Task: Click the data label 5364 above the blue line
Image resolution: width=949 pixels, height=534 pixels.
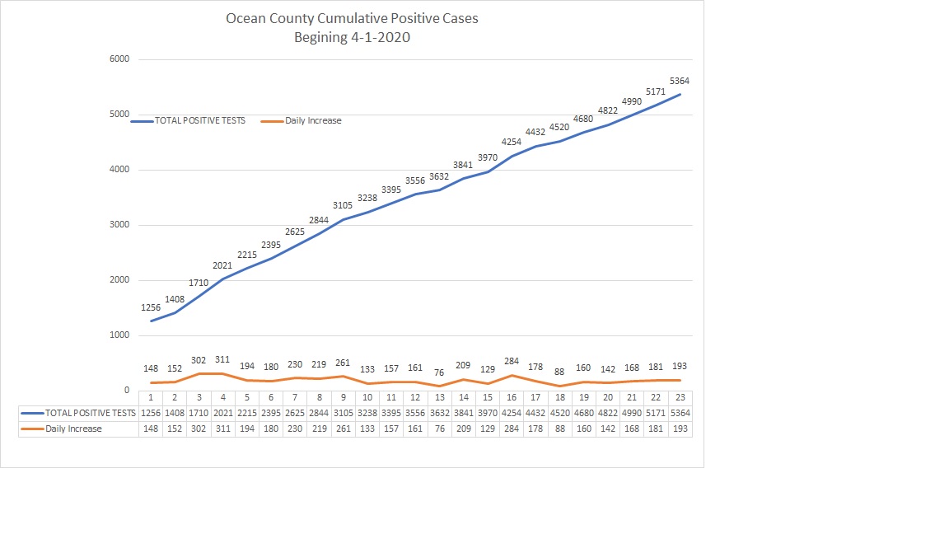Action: [x=680, y=81]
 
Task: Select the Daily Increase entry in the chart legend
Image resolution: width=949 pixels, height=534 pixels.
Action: [x=313, y=120]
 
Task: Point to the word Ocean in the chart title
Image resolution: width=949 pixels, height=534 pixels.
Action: [x=245, y=17]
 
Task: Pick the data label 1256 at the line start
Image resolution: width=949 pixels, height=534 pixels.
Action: [x=151, y=307]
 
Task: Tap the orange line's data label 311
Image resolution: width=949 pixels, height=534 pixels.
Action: [x=222, y=360]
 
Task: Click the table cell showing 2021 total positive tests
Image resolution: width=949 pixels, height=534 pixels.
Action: [x=222, y=413]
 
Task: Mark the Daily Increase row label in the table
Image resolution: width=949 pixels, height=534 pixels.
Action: [x=74, y=429]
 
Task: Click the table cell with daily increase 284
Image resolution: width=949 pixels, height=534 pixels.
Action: [x=511, y=429]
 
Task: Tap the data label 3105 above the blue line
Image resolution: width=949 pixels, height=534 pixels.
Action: [x=343, y=205]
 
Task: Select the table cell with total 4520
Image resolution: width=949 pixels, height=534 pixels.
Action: [x=559, y=413]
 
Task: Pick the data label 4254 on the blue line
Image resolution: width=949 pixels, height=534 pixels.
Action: [x=511, y=142]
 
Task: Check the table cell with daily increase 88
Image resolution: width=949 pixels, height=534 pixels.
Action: [x=559, y=429]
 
